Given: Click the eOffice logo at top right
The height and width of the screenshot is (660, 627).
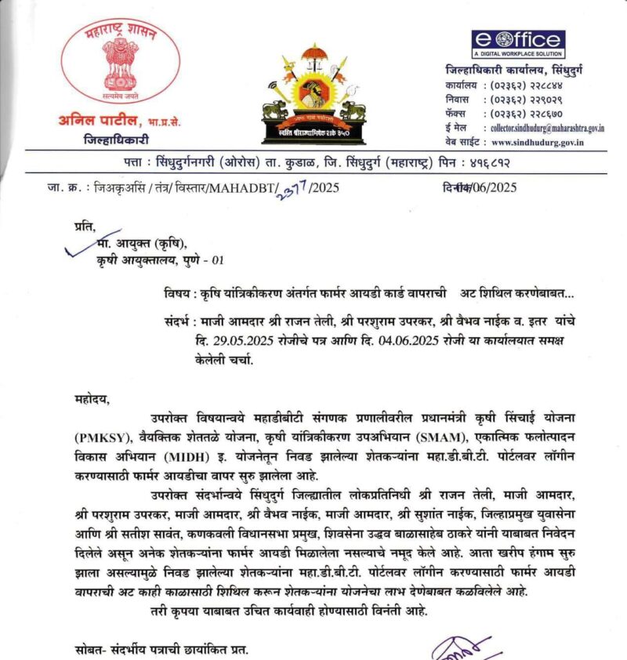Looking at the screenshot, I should coord(518,44).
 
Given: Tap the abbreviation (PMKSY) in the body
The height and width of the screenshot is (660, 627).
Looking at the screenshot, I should coord(107,436).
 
